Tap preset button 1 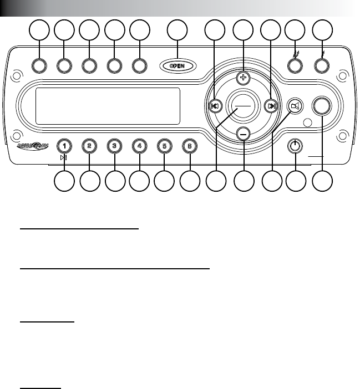(x=65, y=146)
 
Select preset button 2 (x=89, y=146)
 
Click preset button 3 (x=114, y=146)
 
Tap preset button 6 (x=190, y=146)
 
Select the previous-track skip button (x=214, y=106)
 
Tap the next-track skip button (x=270, y=106)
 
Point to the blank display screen (x=108, y=106)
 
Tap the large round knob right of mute (x=322, y=105)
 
